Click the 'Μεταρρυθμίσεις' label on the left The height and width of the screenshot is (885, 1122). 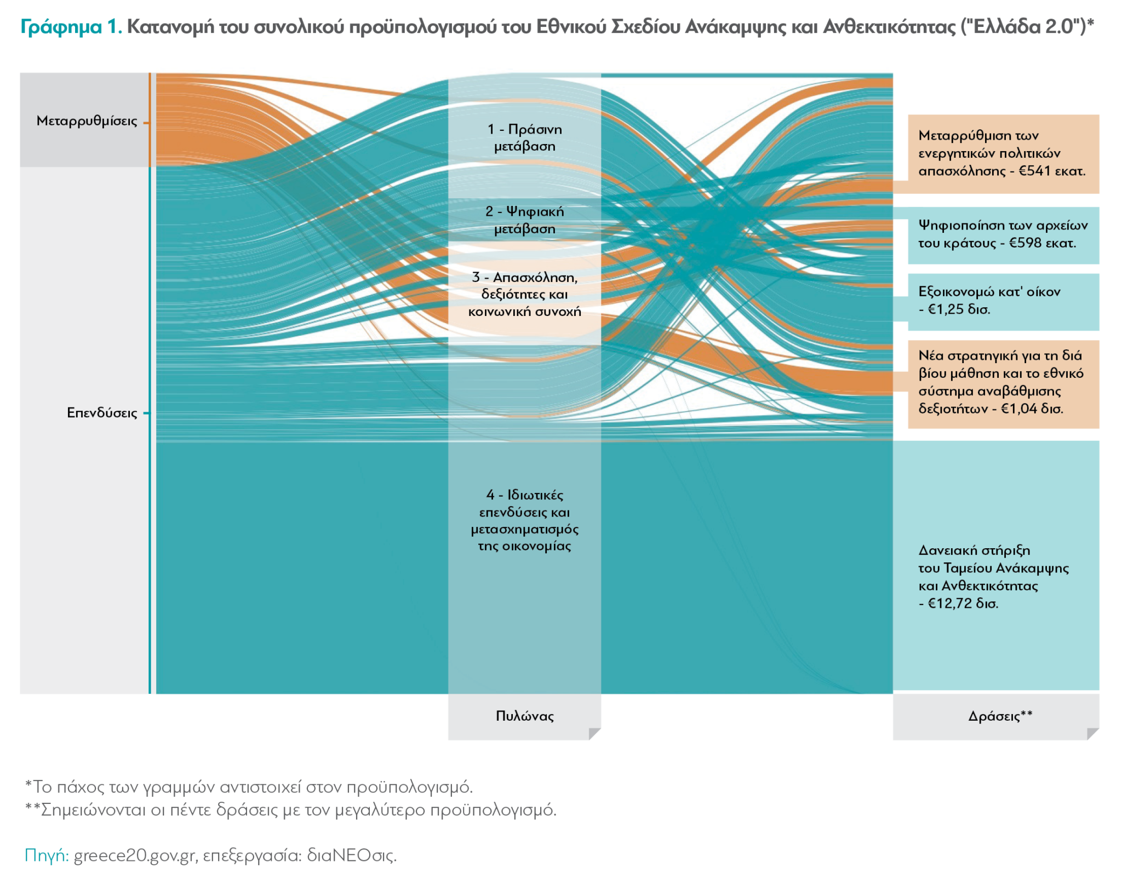[87, 121]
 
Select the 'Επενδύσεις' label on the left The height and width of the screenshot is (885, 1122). [102, 413]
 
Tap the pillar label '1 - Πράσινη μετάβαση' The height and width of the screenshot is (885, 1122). [524, 138]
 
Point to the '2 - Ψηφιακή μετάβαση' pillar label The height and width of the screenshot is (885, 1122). [524, 220]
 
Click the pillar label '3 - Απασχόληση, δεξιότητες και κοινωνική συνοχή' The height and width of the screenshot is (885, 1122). [524, 295]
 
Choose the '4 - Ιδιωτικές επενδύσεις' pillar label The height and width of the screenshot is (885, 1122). [524, 520]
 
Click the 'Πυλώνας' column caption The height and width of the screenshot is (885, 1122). [524, 716]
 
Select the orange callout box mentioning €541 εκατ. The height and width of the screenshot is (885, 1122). [1003, 154]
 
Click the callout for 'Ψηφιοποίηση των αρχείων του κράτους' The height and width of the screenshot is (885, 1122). [1003, 234]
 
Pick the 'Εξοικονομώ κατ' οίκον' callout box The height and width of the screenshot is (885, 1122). [1003, 301]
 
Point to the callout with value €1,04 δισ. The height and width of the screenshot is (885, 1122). [1003, 383]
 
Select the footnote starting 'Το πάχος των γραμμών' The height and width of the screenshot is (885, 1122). [249, 787]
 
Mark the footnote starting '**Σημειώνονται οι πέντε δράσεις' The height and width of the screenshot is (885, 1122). [291, 809]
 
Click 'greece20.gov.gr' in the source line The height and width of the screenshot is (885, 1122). [134, 855]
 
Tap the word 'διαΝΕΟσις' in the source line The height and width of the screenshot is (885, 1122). [351, 855]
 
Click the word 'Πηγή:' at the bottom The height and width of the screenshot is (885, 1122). [47, 855]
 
